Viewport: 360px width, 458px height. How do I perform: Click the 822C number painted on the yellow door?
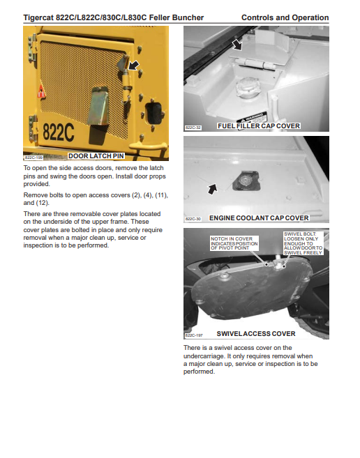coord(58,132)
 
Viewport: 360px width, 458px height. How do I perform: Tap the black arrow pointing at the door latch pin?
coord(134,66)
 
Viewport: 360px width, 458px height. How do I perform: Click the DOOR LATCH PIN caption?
coord(96,156)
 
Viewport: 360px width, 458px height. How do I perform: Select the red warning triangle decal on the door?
coord(41,91)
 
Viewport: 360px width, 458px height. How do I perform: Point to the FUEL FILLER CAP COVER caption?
coord(259,126)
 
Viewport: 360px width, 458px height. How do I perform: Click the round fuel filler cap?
coord(248,86)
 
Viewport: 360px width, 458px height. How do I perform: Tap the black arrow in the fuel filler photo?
coord(237,45)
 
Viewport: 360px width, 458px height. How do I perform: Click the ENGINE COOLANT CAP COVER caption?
coord(259,218)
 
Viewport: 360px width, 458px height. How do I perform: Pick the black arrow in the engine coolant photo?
coord(213,189)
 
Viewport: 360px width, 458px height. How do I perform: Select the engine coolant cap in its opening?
coord(245,181)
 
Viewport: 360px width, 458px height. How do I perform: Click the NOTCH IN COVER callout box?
coord(234,243)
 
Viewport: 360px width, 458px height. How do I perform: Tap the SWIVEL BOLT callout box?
coord(303,243)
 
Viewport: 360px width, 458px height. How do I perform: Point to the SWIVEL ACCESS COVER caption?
coord(256,334)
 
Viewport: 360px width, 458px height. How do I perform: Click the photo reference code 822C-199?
coord(33,158)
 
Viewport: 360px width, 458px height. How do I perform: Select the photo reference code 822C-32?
coord(193,128)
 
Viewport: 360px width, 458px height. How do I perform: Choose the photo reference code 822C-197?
coord(194,335)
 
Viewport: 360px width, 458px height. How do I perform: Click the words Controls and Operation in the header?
coord(285,18)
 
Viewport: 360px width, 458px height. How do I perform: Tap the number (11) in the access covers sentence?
coord(161,195)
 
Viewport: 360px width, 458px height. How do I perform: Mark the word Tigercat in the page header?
coord(38,18)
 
